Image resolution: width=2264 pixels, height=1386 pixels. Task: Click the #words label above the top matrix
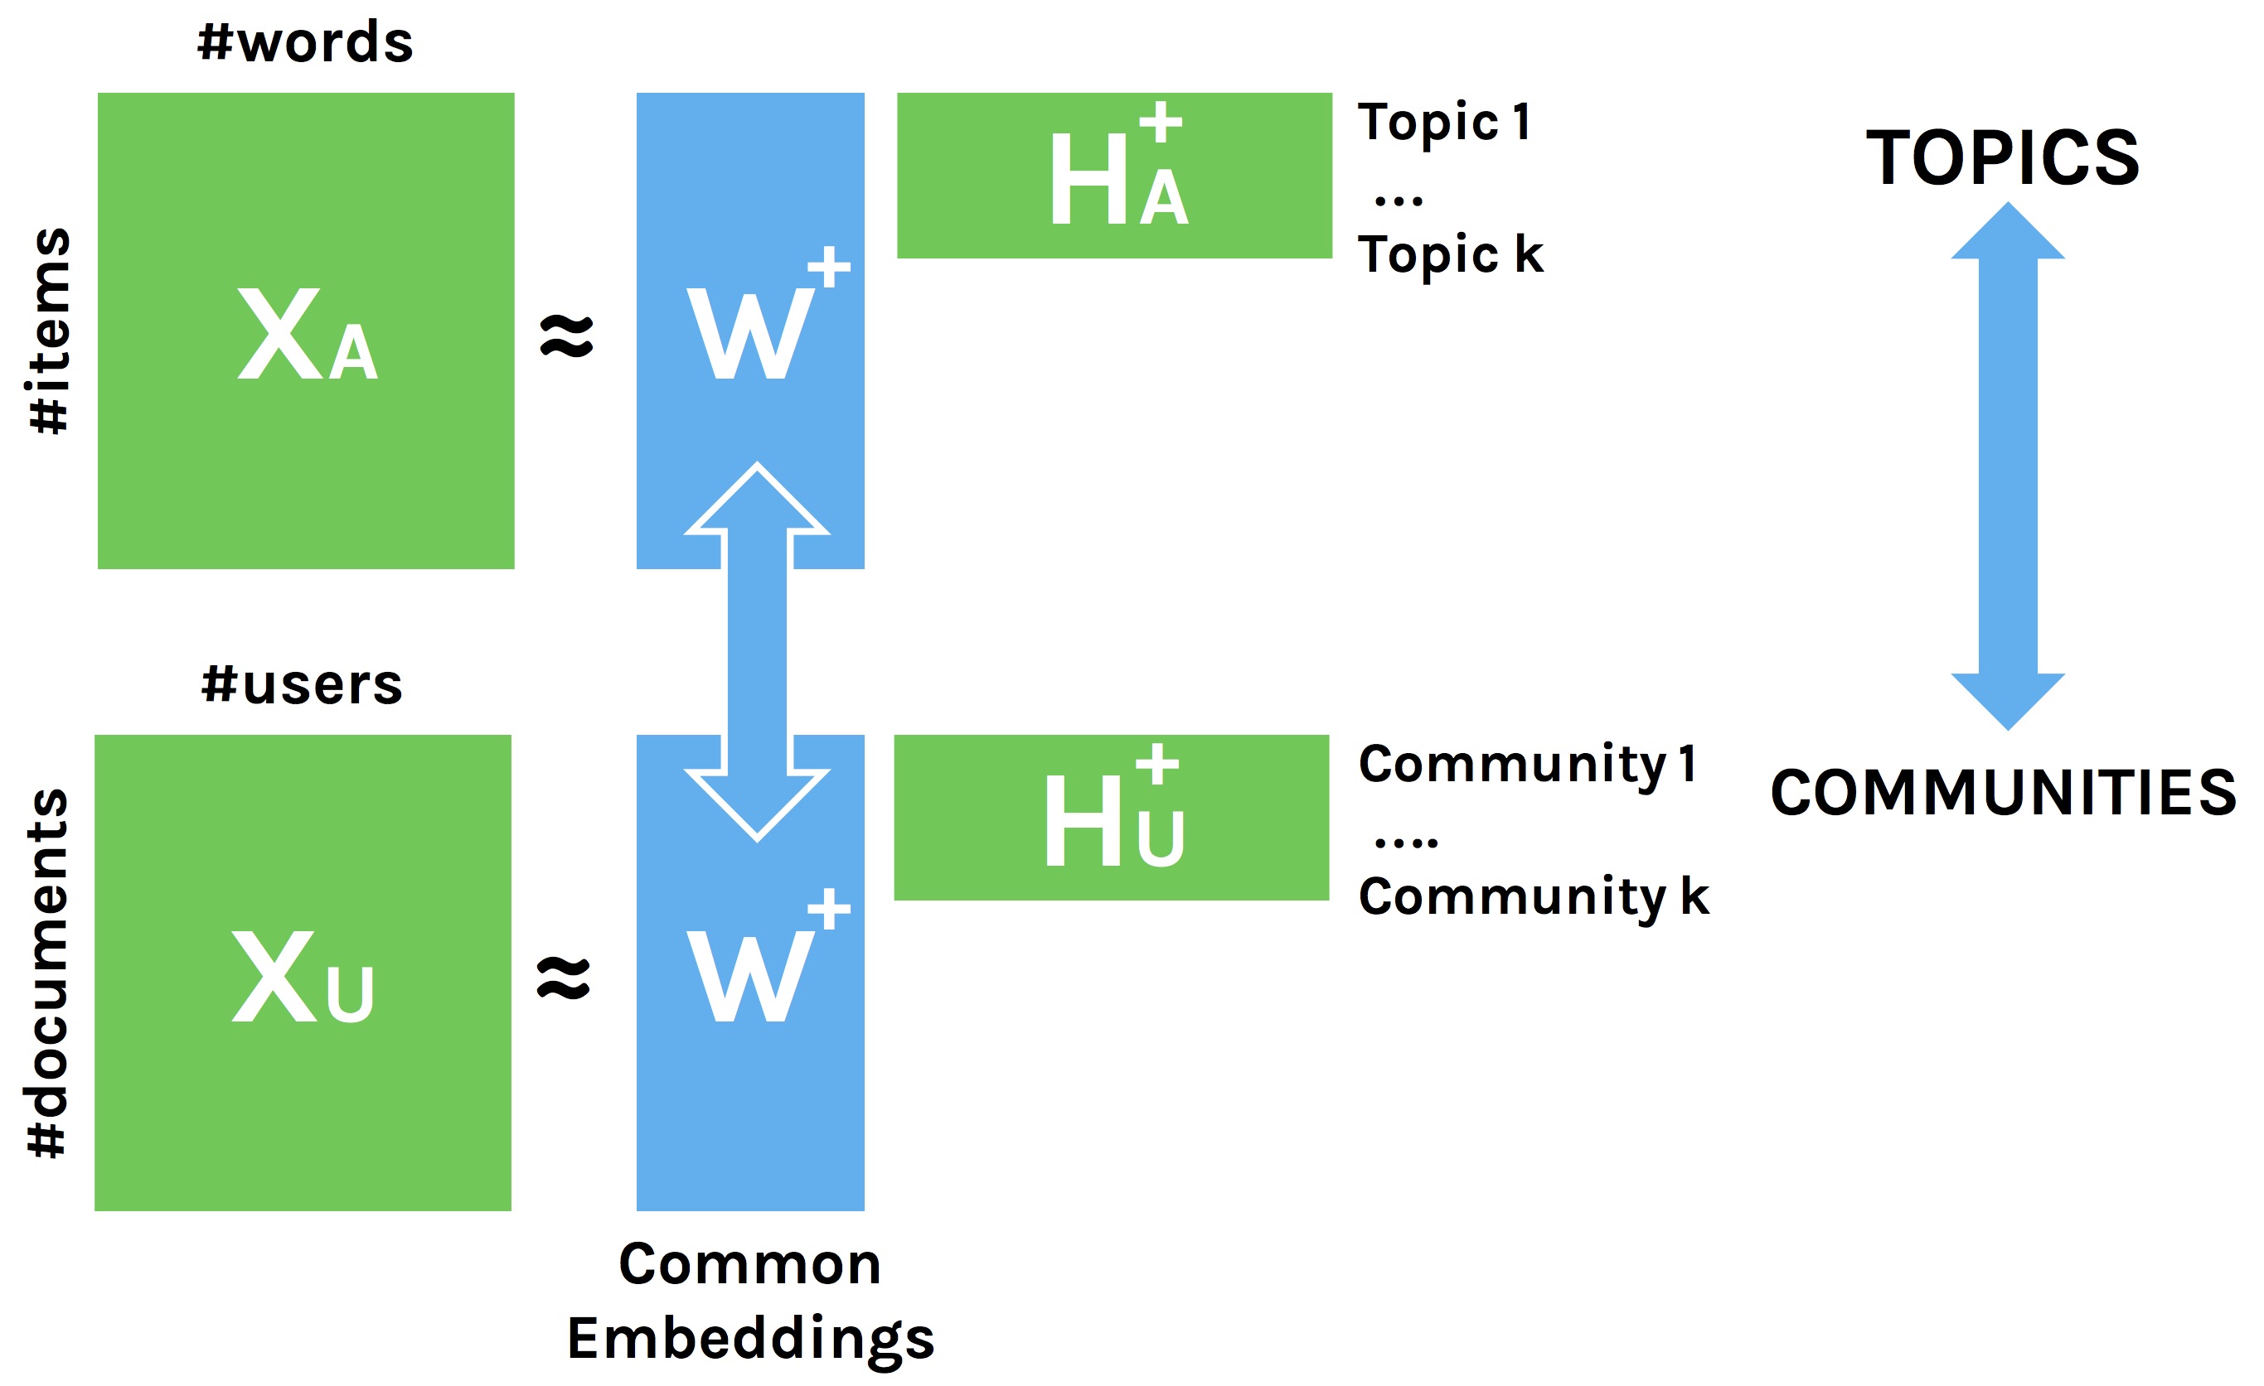(x=305, y=43)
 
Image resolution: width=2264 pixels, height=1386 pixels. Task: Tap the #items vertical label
(x=50, y=331)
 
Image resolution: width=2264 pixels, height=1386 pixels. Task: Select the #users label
(x=302, y=685)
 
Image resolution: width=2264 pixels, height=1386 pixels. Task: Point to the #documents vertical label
(x=48, y=973)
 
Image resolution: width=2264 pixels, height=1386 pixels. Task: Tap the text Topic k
(x=1451, y=254)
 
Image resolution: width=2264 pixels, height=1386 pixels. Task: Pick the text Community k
(x=1534, y=896)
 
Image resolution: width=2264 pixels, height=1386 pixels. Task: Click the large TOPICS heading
(x=2003, y=158)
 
